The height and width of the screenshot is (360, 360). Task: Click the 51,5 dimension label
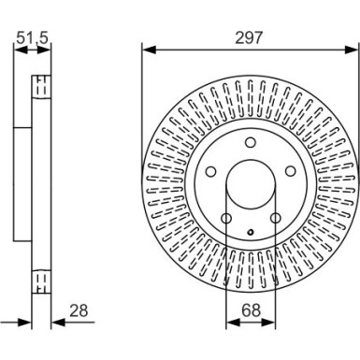point(34,39)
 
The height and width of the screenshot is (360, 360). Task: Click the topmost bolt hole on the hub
point(251,142)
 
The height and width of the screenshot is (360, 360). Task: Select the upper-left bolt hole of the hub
point(210,171)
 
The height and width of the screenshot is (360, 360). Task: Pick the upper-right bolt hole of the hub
point(291,171)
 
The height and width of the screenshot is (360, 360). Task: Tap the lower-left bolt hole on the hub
point(226,219)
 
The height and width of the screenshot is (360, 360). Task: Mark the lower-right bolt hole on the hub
point(275,219)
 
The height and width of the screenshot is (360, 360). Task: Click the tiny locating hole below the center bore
point(251,231)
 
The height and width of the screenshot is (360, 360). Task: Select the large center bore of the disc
point(251,184)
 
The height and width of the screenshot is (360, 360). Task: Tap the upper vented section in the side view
point(40,86)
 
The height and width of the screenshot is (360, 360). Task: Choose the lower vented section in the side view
point(40,281)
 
